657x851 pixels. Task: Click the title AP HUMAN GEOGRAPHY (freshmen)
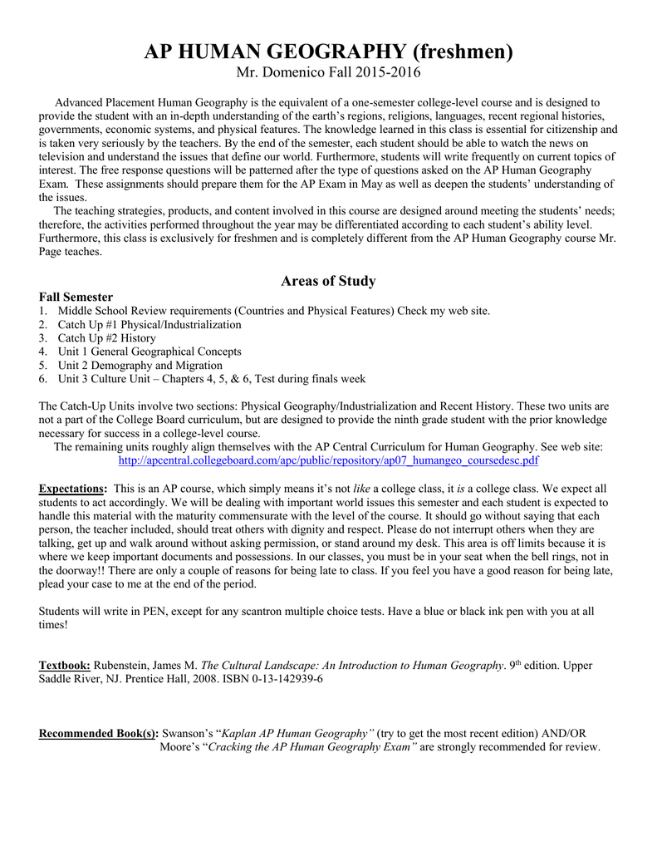(x=328, y=52)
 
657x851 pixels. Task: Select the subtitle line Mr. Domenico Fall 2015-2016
(x=328, y=73)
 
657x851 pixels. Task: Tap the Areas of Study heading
(x=328, y=281)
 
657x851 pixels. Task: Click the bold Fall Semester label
(x=76, y=297)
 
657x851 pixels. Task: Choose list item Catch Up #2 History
(x=106, y=338)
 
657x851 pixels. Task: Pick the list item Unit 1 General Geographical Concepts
(x=150, y=352)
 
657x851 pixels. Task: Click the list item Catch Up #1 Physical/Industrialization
(x=150, y=325)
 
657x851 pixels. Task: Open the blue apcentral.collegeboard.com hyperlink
(x=329, y=460)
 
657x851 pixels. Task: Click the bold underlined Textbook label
(x=66, y=666)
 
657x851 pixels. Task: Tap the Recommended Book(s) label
(x=99, y=733)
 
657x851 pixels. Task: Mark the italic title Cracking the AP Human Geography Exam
(x=311, y=746)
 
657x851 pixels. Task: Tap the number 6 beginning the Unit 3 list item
(x=42, y=379)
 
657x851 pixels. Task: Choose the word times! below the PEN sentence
(x=54, y=624)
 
